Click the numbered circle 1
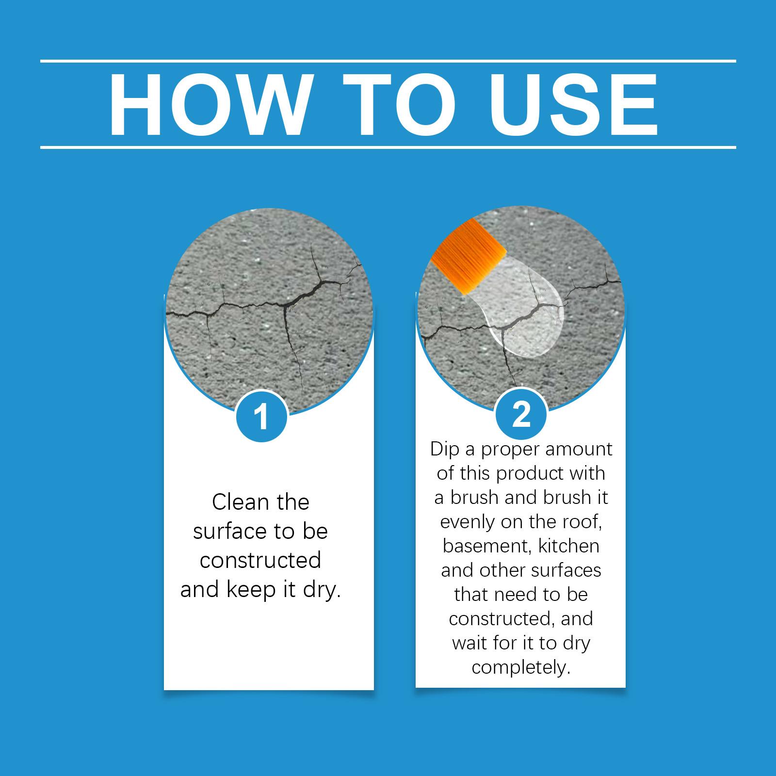pyautogui.click(x=261, y=416)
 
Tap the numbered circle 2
pyautogui.click(x=521, y=415)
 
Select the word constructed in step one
pyautogui.click(x=260, y=561)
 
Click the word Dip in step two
pyautogui.click(x=445, y=450)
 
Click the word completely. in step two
pyautogui.click(x=521, y=668)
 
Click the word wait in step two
pyautogui.click(x=469, y=644)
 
